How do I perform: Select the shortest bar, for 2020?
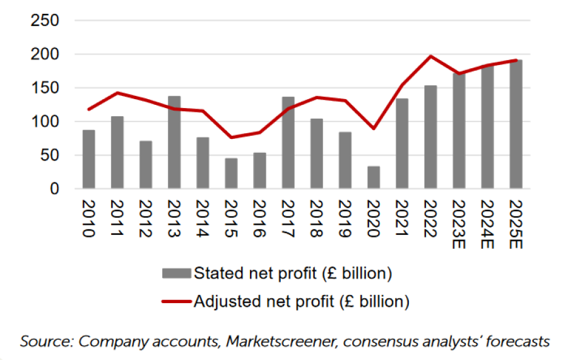click(x=374, y=177)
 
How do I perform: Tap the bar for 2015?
click(x=231, y=173)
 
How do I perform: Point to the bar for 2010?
click(x=88, y=159)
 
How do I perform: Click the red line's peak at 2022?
click(x=430, y=56)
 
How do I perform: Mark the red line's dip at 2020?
click(x=374, y=128)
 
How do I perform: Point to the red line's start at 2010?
click(x=88, y=109)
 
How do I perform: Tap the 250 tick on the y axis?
click(x=45, y=21)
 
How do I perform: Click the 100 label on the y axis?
click(x=45, y=121)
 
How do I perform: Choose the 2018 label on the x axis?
click(x=316, y=218)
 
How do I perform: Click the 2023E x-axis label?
click(x=459, y=224)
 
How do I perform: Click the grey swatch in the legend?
click(x=176, y=273)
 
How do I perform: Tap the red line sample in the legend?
click(x=176, y=301)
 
